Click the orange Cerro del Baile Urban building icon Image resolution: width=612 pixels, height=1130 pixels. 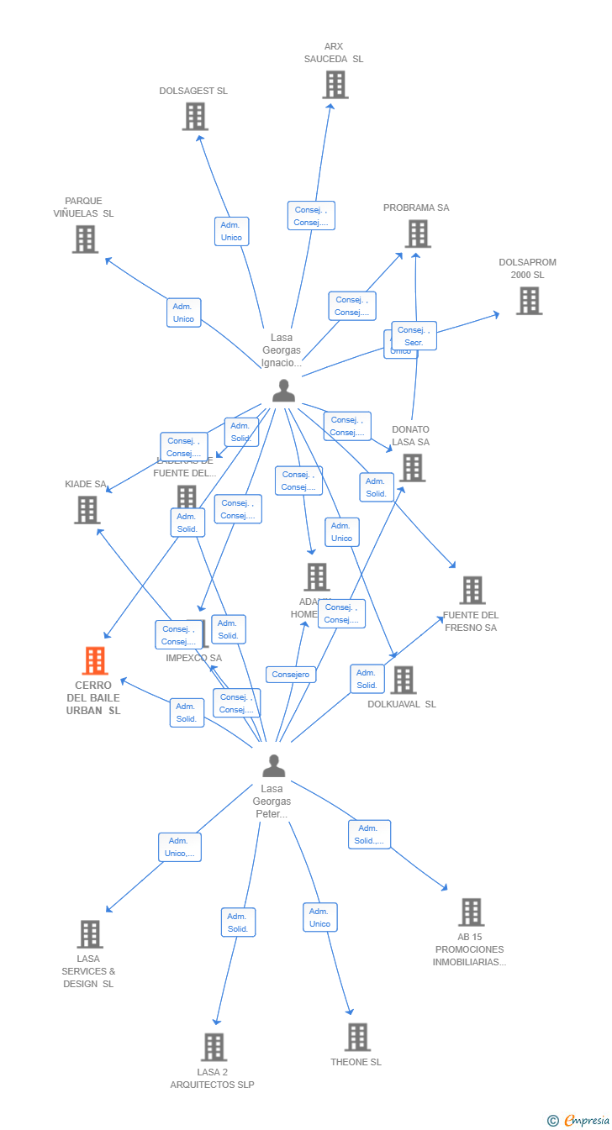(x=95, y=661)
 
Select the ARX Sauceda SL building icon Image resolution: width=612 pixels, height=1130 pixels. (x=335, y=85)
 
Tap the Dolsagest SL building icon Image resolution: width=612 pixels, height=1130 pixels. (x=194, y=117)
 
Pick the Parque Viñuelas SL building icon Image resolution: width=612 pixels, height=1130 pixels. (x=85, y=239)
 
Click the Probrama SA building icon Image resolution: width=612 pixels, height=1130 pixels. (x=417, y=234)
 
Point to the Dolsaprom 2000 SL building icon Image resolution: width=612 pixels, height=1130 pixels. (x=528, y=301)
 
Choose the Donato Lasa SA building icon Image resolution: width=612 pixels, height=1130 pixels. (x=412, y=468)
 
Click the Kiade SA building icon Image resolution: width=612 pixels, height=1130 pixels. (x=87, y=510)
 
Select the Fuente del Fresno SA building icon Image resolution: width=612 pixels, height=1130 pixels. (x=472, y=591)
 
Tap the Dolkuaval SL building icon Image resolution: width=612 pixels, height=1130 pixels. (x=403, y=681)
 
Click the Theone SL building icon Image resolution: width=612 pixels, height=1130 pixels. (x=356, y=1038)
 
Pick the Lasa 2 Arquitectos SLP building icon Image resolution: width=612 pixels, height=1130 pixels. (x=214, y=1048)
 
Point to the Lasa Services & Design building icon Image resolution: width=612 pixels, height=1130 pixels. (x=89, y=934)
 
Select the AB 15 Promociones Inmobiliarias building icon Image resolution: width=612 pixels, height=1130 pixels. (x=471, y=912)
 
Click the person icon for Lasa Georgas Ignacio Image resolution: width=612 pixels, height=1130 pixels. (x=284, y=391)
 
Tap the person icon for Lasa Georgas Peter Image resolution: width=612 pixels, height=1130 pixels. (x=273, y=765)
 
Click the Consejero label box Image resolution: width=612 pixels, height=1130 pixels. (x=291, y=675)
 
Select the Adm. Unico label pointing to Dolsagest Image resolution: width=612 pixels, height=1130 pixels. (x=231, y=231)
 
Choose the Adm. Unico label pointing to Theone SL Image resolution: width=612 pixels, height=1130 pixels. (x=319, y=917)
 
